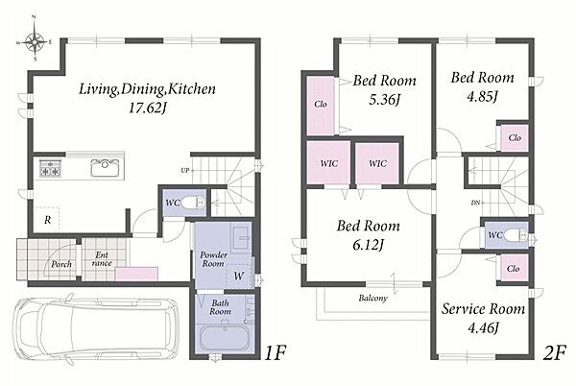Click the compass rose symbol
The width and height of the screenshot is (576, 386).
[x=35, y=42]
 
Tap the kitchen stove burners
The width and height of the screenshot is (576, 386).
[x=50, y=169]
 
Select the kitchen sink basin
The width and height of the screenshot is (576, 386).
[x=105, y=168]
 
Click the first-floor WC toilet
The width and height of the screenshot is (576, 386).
[x=193, y=202]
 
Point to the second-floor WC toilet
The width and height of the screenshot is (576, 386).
[x=516, y=235]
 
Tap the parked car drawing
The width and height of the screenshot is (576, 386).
[x=95, y=328]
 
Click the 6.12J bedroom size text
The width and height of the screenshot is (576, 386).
[x=368, y=245]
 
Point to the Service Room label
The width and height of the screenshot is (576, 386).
[x=483, y=309]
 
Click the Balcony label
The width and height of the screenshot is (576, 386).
[x=372, y=298]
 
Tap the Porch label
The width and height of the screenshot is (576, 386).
[x=61, y=264]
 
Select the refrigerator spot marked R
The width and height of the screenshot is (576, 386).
[x=47, y=220]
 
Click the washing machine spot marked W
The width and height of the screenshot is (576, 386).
[x=239, y=276]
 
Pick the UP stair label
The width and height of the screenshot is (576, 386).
[x=184, y=170]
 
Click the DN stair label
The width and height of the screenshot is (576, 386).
[x=475, y=203]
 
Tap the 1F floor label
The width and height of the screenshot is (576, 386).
[x=275, y=353]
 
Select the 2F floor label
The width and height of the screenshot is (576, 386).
[x=554, y=353]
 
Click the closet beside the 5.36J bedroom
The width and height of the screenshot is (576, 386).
[x=321, y=106]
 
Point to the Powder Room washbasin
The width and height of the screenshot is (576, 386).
[x=241, y=237]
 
